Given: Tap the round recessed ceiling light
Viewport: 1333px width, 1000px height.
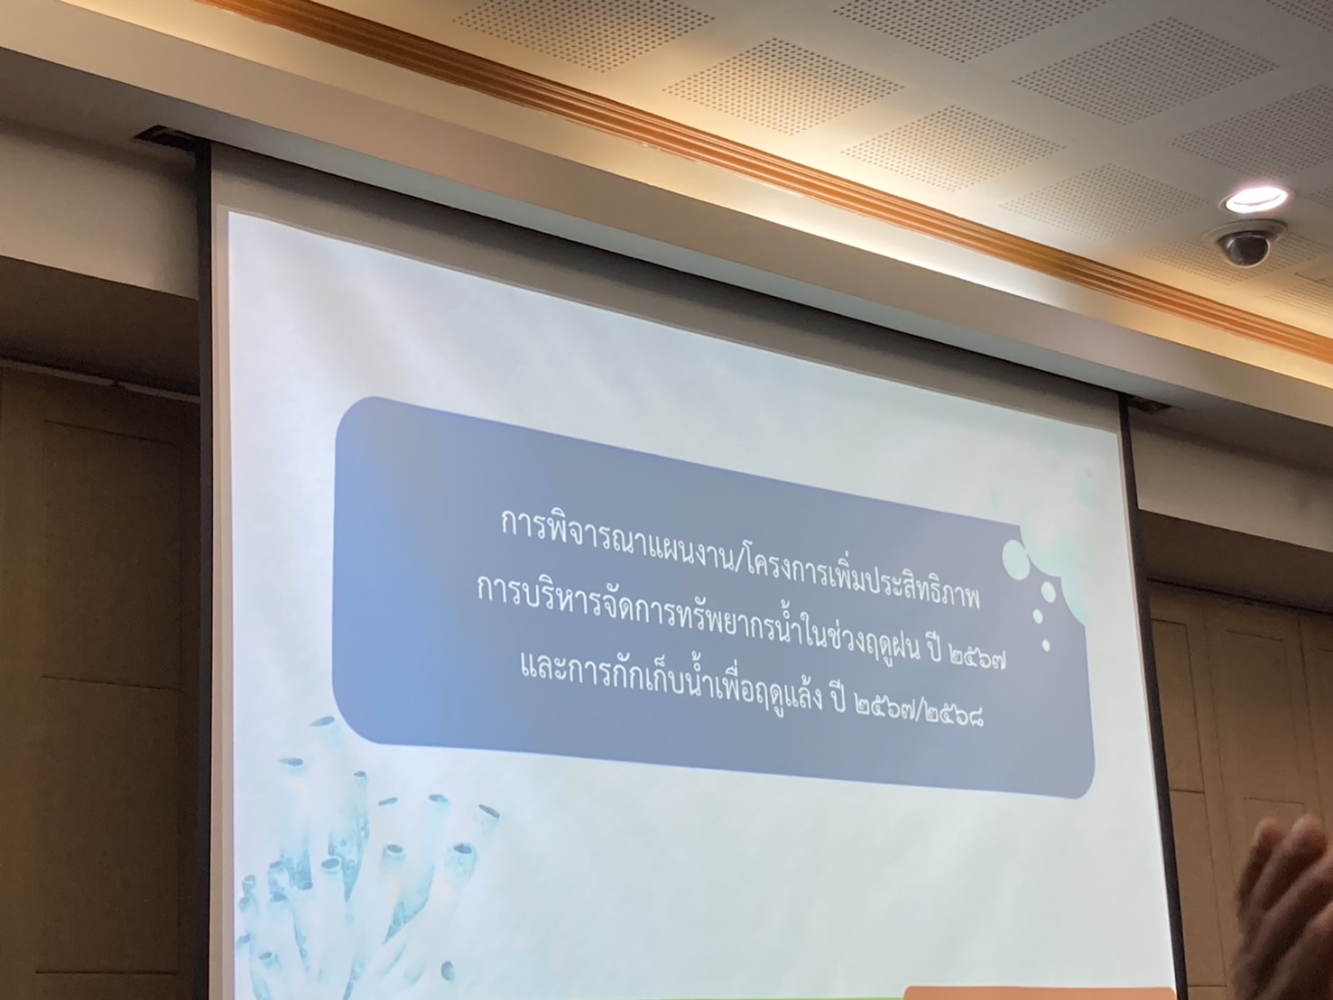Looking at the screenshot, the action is pyautogui.click(x=1256, y=199).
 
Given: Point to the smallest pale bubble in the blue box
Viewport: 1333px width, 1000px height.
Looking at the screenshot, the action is pyautogui.click(x=1046, y=644).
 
